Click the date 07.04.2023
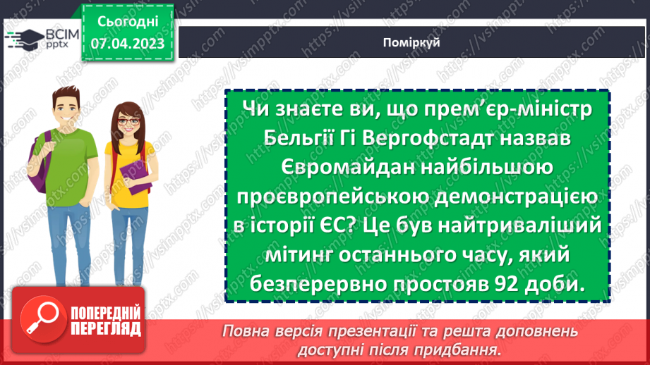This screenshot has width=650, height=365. pos(127,44)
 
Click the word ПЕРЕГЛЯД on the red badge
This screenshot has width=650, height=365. pos(106,329)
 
